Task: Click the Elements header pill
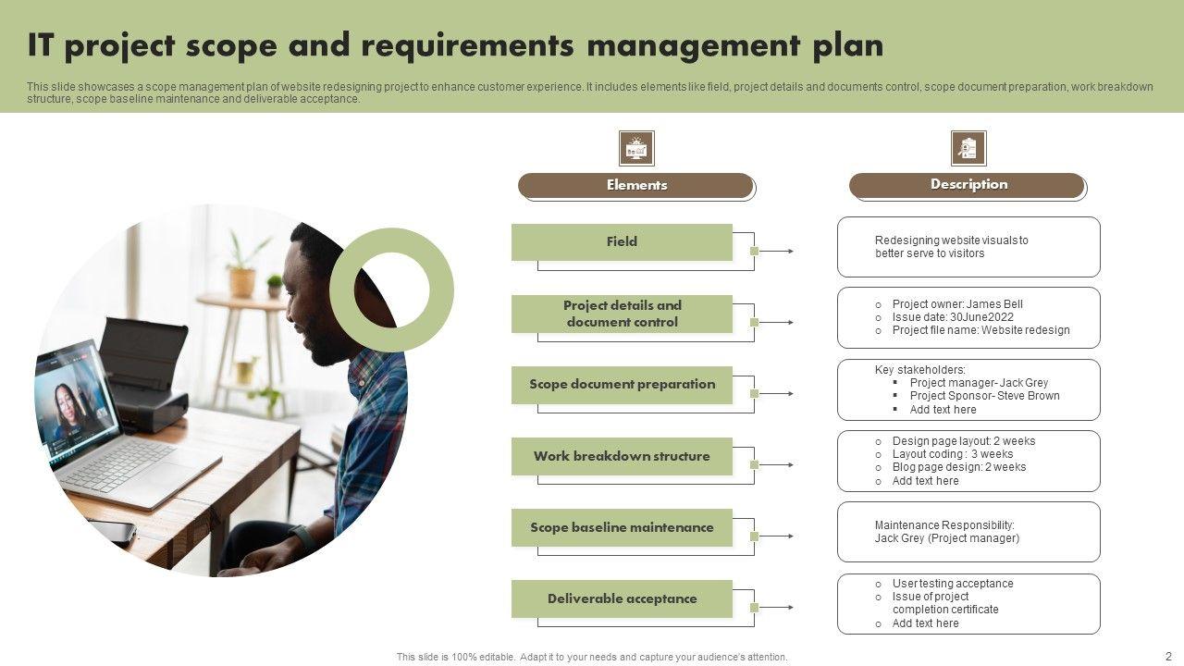click(635, 185)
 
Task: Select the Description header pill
click(967, 185)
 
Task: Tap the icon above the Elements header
click(636, 148)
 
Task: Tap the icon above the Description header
click(968, 148)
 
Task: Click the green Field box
click(622, 241)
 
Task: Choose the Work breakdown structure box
click(622, 456)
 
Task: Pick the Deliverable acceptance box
click(622, 598)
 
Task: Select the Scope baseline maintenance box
click(622, 527)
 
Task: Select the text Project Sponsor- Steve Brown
click(984, 396)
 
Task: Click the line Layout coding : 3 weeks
click(952, 454)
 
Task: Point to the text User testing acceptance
click(952, 584)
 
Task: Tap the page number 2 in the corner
click(1168, 655)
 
